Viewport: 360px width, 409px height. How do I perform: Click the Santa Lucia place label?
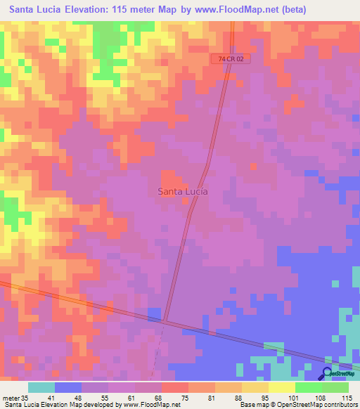(181, 190)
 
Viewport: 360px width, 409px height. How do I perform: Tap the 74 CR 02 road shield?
(231, 60)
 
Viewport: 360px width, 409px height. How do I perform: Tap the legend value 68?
(160, 398)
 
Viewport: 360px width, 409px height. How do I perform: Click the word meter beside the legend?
(11, 398)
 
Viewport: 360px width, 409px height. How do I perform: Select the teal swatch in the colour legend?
(41, 387)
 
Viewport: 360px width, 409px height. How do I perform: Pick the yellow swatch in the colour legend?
(281, 387)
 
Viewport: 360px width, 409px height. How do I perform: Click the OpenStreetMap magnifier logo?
(327, 375)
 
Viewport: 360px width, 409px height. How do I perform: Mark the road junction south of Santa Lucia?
(165, 320)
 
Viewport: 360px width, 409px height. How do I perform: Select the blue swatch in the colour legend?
(68, 387)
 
